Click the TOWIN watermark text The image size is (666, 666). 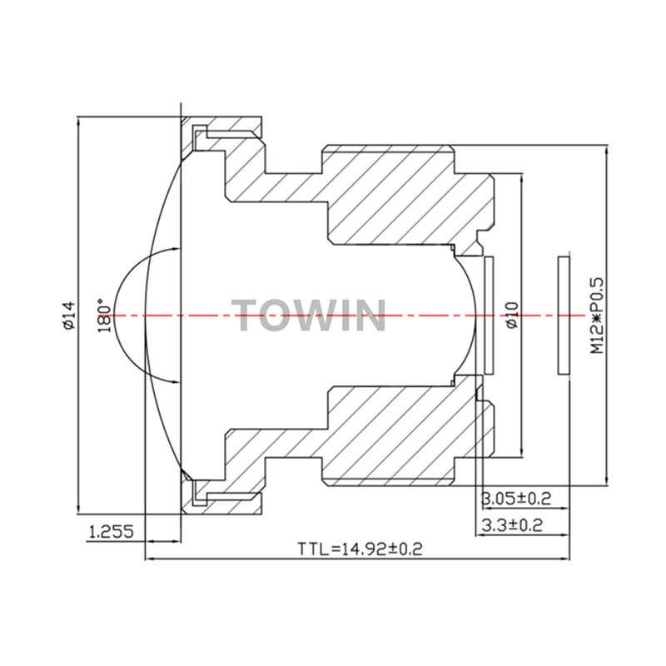[309, 316]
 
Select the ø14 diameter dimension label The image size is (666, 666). [68, 315]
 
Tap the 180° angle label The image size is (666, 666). [105, 316]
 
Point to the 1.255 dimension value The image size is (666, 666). [112, 531]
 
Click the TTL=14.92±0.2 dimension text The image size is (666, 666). [360, 549]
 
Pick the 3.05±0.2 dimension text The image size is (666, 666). [515, 498]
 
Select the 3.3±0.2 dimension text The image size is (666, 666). [512, 525]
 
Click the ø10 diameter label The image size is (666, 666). [513, 315]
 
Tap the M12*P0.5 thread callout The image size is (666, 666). [597, 316]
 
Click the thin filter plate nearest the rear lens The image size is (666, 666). [489, 316]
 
